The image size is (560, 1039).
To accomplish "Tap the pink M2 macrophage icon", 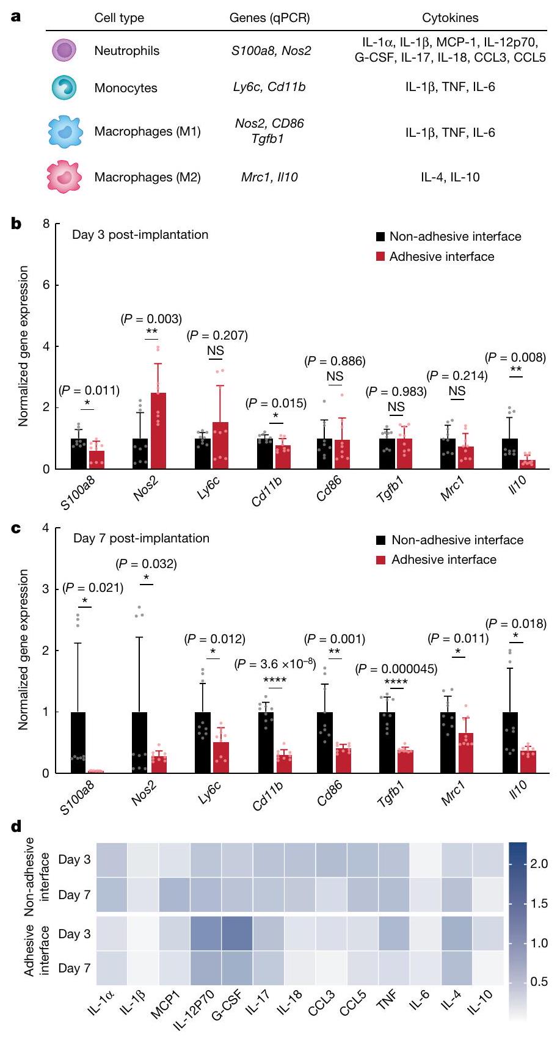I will point(64,178).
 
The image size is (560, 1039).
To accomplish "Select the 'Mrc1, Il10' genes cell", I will point(269,177).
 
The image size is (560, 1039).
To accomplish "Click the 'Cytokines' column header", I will point(450,18).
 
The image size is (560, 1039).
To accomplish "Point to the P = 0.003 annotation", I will point(151,318).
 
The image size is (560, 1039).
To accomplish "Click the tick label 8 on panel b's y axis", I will point(46,224).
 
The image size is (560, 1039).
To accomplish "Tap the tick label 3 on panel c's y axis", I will point(46,589).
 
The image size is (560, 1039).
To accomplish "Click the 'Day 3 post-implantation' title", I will point(140,235).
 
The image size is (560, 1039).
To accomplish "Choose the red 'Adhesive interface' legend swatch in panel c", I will point(380,560).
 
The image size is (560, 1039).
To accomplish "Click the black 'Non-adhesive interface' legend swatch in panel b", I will point(380,236).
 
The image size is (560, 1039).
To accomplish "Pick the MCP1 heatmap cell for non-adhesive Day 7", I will point(173,895).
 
